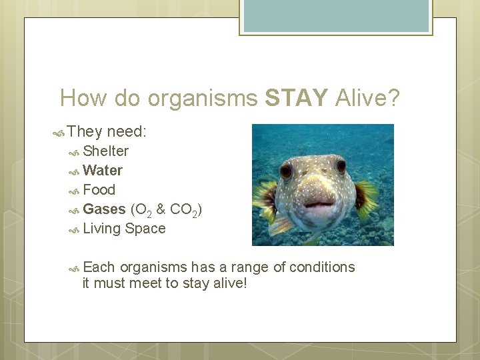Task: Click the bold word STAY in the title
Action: coord(296,99)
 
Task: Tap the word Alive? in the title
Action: coord(367,99)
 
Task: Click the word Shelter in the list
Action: coord(106,151)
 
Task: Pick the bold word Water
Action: coord(103,171)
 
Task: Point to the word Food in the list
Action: coord(99,190)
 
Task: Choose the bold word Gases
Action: coord(105,209)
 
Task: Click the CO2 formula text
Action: coord(183,210)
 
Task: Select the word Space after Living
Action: coord(145,229)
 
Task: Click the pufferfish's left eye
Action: coord(286,171)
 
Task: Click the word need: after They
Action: coord(127,132)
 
